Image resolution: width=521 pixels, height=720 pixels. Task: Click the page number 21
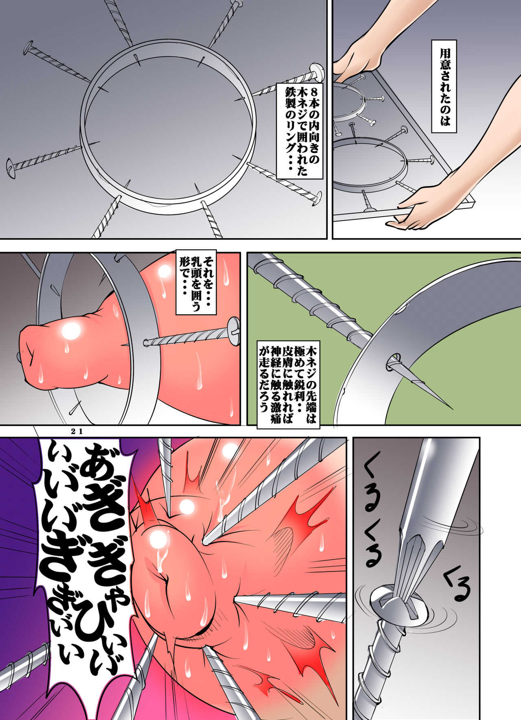pos(77,433)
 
